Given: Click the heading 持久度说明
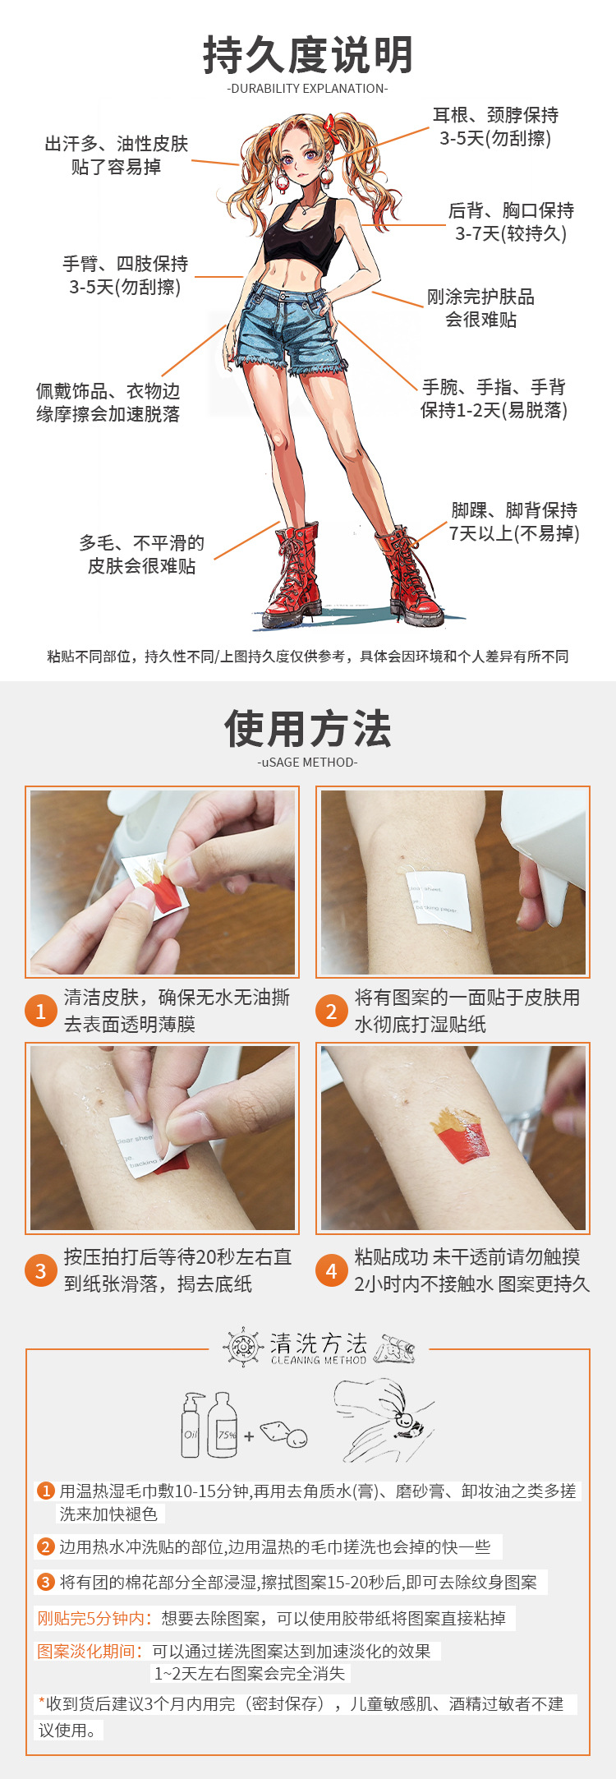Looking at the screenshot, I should pyautogui.click(x=308, y=55).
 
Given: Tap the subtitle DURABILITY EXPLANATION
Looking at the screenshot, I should pyautogui.click(x=307, y=89).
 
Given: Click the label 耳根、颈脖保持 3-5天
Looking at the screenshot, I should pyautogui.click(x=495, y=127).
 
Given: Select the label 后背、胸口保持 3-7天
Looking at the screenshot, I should pyautogui.click(x=511, y=222).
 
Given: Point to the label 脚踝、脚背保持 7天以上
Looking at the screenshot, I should pyautogui.click(x=514, y=522).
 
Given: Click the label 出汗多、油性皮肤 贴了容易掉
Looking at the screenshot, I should pyautogui.click(x=116, y=155).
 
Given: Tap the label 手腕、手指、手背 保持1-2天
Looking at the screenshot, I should pyautogui.click(x=494, y=399).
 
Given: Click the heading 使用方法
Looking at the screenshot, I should pyautogui.click(x=308, y=729).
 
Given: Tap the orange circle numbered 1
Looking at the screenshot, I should pyautogui.click(x=40, y=1011).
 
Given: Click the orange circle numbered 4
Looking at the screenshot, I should pyautogui.click(x=331, y=1270).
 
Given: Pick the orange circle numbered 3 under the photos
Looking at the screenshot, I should pyautogui.click(x=40, y=1270).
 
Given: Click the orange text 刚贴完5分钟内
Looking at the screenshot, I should pyautogui.click(x=94, y=1618).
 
